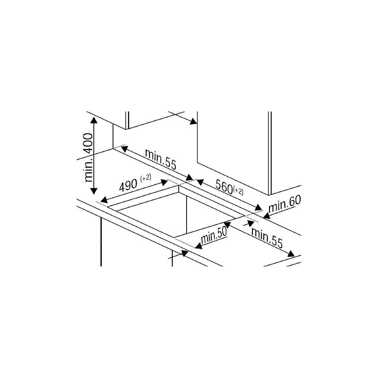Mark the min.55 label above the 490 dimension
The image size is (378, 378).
click(x=160, y=159)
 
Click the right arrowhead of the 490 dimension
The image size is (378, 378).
click(x=165, y=182)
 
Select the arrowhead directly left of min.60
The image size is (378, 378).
click(x=266, y=216)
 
